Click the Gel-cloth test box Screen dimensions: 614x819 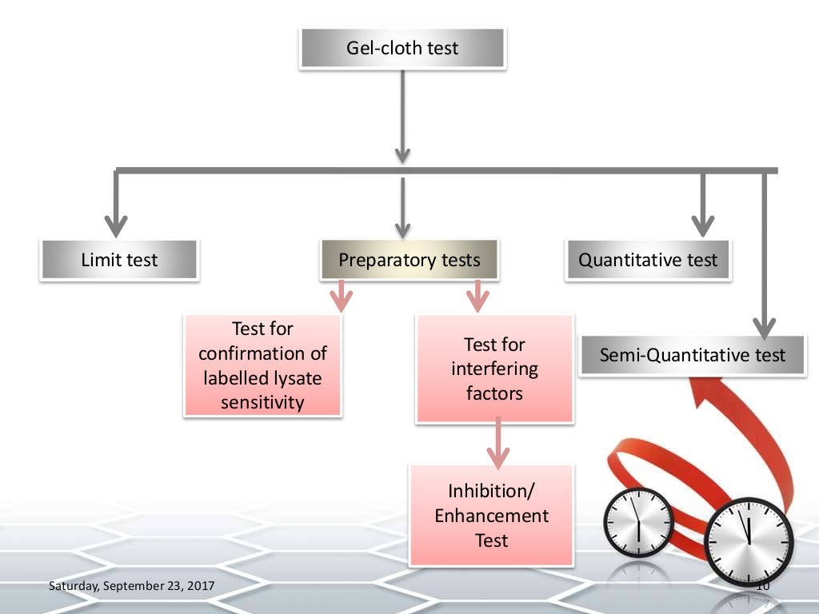click(x=402, y=48)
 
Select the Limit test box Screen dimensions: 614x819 click(x=119, y=260)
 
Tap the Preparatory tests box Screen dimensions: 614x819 click(x=409, y=260)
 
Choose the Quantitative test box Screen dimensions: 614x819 click(x=648, y=260)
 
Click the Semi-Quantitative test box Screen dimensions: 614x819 click(x=693, y=356)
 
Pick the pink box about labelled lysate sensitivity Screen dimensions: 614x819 click(x=263, y=365)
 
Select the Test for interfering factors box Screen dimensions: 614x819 click(x=494, y=369)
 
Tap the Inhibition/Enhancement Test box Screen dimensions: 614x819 click(x=491, y=516)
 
